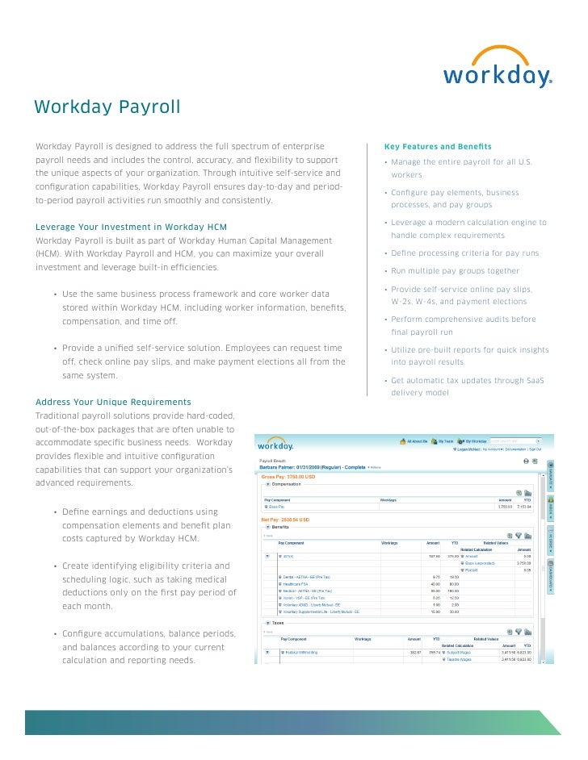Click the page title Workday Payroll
click(x=107, y=108)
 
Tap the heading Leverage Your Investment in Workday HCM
click(x=132, y=226)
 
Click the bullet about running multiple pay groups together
click(x=455, y=271)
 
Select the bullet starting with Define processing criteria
click(x=464, y=253)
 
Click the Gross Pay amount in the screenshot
click(x=289, y=477)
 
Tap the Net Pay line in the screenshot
click(x=286, y=520)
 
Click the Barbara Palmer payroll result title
click(x=312, y=467)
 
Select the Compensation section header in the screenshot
click(x=288, y=485)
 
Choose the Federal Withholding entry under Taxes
click(x=300, y=652)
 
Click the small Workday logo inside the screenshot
click(x=275, y=445)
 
